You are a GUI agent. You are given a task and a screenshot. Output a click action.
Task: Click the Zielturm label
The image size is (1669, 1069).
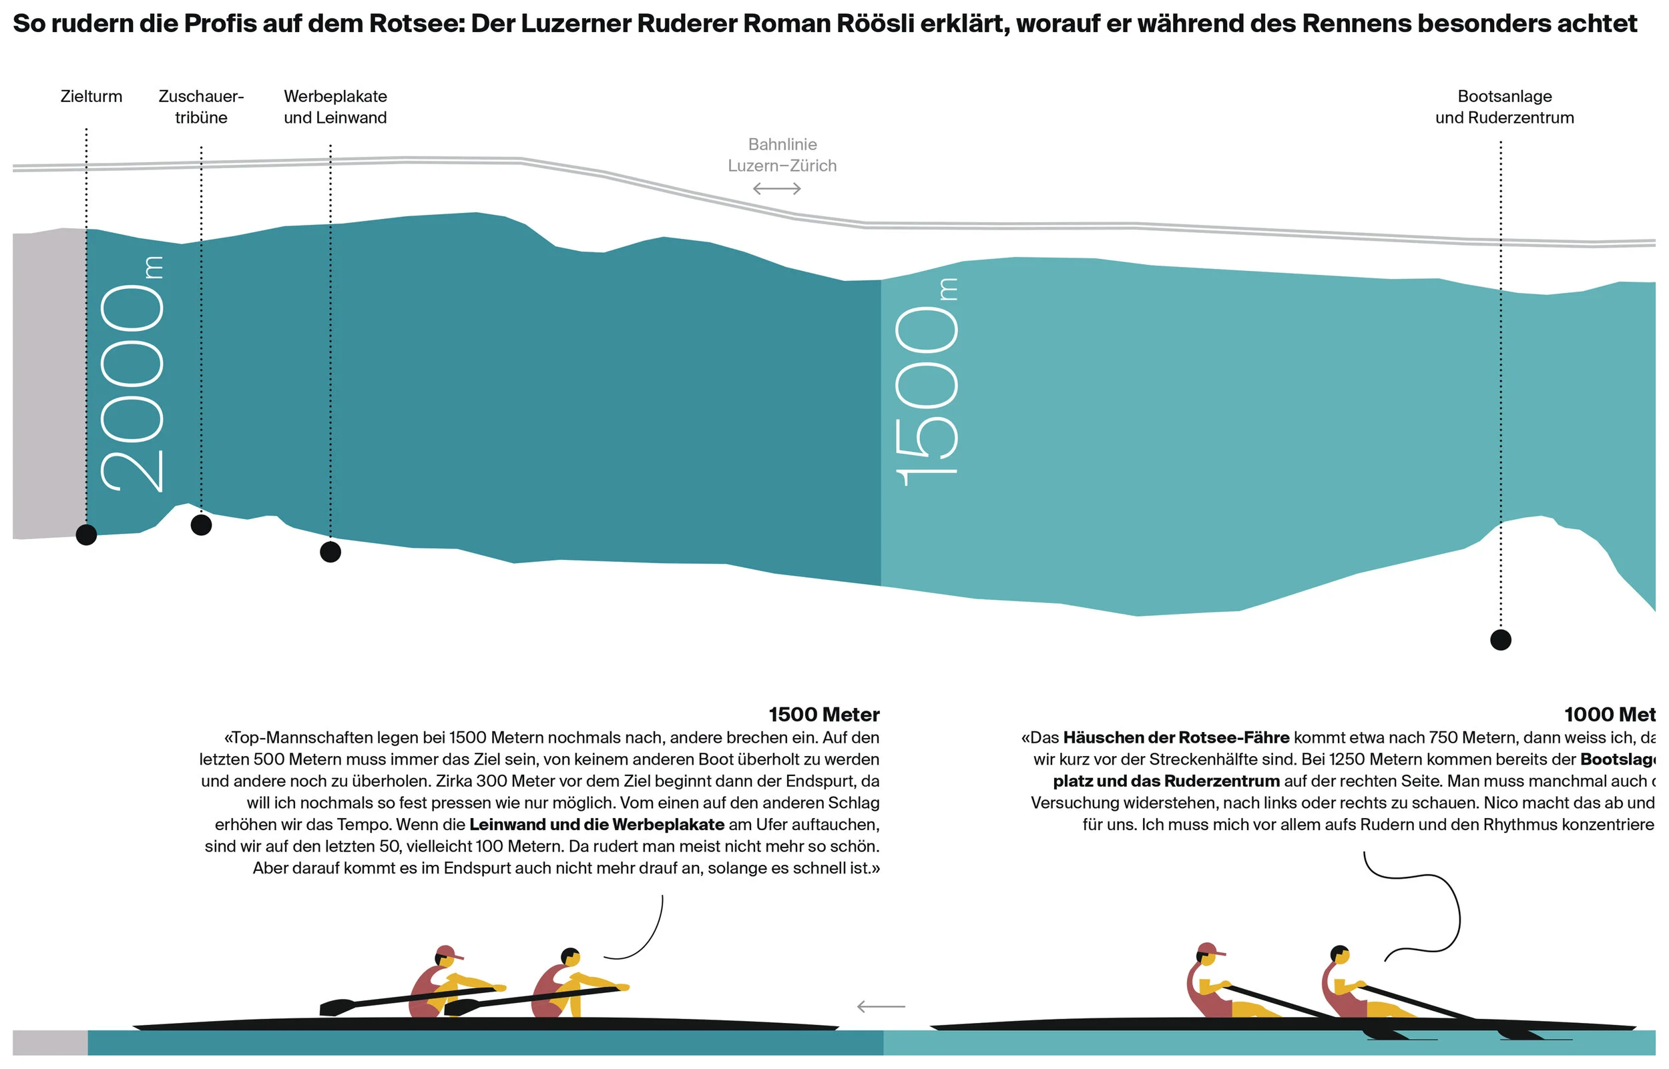pyautogui.click(x=91, y=97)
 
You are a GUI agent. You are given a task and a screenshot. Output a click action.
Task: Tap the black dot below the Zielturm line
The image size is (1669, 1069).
pyautogui.click(x=86, y=535)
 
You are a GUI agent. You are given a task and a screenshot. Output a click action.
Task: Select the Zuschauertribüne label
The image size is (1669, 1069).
pyautogui.click(x=202, y=107)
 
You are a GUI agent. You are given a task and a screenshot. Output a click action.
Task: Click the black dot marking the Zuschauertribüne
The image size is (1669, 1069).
pyautogui.click(x=202, y=525)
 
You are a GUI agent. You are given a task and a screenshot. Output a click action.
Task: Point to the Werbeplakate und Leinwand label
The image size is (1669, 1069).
pyautogui.click(x=335, y=107)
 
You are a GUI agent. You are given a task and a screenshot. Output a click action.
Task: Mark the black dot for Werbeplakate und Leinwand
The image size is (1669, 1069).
pyautogui.click(x=330, y=553)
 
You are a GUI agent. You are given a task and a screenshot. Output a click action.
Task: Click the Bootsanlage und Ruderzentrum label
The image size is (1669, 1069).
pyautogui.click(x=1505, y=107)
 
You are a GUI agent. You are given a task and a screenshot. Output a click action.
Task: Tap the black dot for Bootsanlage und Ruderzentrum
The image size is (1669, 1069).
pyautogui.click(x=1501, y=640)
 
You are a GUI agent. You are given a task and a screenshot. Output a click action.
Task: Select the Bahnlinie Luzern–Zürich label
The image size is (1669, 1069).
pyautogui.click(x=782, y=155)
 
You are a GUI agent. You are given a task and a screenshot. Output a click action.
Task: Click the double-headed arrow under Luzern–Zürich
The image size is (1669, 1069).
pyautogui.click(x=777, y=189)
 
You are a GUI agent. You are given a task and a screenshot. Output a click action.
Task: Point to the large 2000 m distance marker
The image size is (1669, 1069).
pyautogui.click(x=132, y=375)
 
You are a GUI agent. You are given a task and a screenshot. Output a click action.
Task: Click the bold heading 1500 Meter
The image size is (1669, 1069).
pyautogui.click(x=824, y=715)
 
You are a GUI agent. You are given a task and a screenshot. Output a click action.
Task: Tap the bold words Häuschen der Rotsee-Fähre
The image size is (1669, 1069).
pyautogui.click(x=1176, y=738)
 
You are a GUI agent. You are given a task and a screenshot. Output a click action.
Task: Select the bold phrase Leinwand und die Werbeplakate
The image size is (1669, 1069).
pyautogui.click(x=597, y=825)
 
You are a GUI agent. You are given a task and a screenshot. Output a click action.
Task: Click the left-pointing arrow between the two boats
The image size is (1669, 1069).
pyautogui.click(x=881, y=1006)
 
